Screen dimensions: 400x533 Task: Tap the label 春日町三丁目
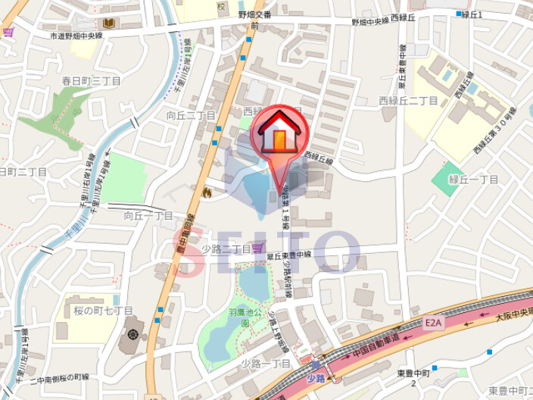coord(92,80)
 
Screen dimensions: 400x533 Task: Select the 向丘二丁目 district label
coord(192,115)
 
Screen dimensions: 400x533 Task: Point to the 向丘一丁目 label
coord(148,216)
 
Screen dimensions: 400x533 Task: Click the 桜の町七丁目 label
coord(104,311)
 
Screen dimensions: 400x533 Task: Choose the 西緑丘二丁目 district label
coord(408,101)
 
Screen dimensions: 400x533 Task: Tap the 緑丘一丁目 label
coord(472,180)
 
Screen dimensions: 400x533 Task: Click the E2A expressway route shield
coord(432,323)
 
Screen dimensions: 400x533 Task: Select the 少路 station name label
coord(316,378)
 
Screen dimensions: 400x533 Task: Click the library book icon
coord(108,23)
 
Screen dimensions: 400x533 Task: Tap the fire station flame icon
coord(205,194)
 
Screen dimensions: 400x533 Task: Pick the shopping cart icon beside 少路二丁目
coord(257,248)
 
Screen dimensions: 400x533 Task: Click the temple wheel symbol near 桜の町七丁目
coord(133,333)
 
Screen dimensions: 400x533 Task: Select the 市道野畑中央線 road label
coord(76,35)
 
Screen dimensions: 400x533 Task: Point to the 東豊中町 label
coord(413,373)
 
